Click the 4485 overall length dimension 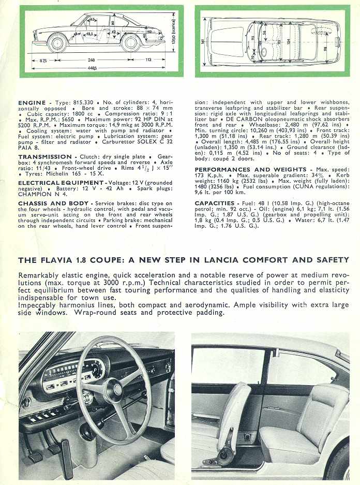(x=92, y=67)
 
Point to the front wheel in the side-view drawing (x=57, y=42)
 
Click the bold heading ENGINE (x=32, y=103)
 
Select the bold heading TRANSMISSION (x=44, y=156)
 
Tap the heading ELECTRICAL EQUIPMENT (x=62, y=183)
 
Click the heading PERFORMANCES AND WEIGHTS (x=250, y=170)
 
